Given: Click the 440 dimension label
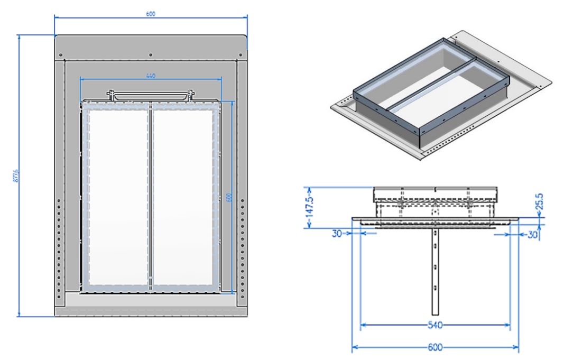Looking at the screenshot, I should pyautogui.click(x=151, y=76).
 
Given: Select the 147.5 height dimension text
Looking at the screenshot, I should pyautogui.click(x=312, y=206).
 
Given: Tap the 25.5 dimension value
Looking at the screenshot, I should pyautogui.click(x=539, y=204).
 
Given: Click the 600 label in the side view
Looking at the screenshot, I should pyautogui.click(x=434, y=347).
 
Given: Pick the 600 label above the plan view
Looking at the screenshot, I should pyautogui.click(x=151, y=14).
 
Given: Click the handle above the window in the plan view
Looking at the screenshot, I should pyautogui.click(x=150, y=96).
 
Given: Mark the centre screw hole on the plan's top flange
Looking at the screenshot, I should pyautogui.click(x=151, y=54).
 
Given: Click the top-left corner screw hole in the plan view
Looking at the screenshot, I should pyautogui.click(x=61, y=54).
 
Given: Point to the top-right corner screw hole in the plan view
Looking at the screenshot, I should pyautogui.click(x=240, y=54).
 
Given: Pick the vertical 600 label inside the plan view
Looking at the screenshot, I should pyautogui.click(x=229, y=197).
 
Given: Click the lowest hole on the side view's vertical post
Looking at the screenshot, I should pyautogui.click(x=434, y=288).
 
